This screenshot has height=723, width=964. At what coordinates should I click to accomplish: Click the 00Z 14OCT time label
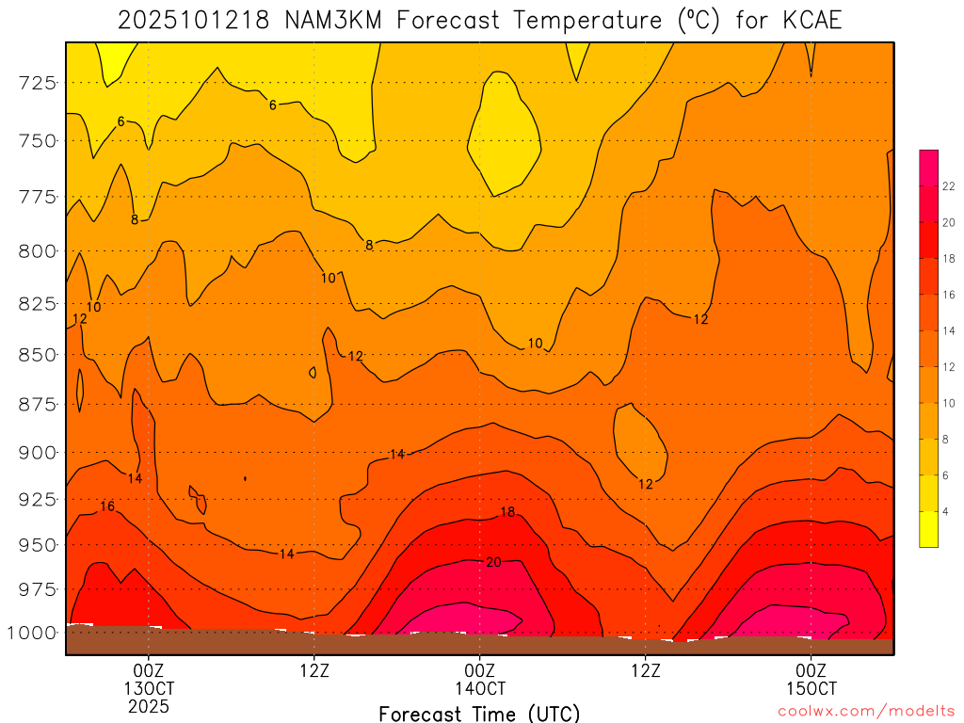(479, 679)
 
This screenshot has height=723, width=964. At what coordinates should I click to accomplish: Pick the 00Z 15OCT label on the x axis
(811, 679)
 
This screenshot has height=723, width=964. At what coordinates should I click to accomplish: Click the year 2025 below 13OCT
(148, 705)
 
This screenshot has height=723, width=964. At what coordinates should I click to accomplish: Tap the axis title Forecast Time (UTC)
(479, 713)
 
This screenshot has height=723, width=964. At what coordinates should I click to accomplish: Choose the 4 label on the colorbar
(946, 511)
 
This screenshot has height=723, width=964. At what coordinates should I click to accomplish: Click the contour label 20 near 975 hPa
(492, 562)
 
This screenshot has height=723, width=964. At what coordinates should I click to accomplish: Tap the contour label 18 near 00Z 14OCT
(507, 512)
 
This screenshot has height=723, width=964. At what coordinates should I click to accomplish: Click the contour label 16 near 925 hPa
(107, 506)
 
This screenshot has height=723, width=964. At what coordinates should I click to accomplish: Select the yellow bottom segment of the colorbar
(928, 529)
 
